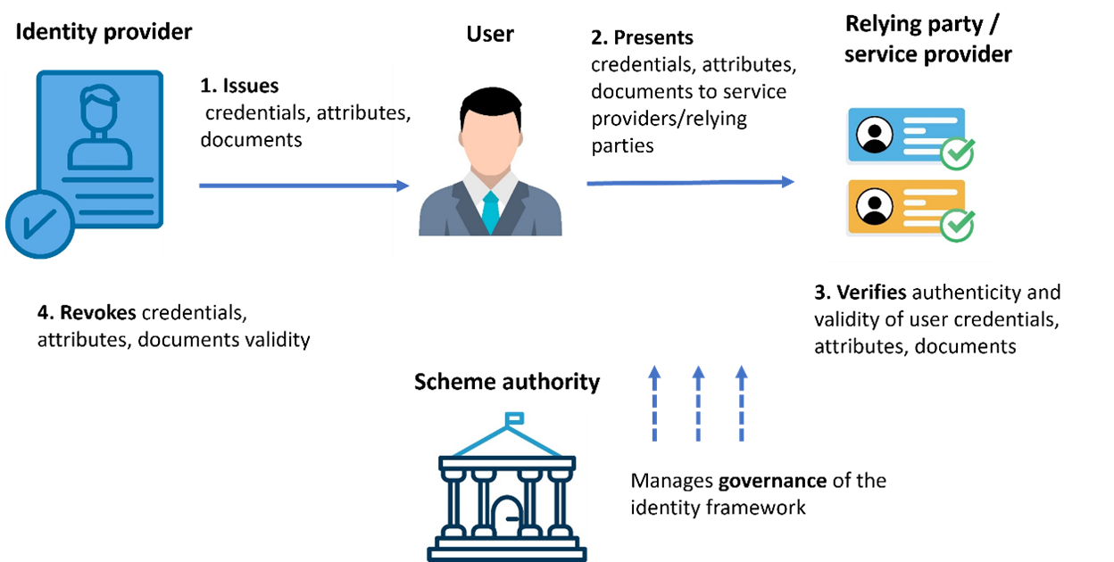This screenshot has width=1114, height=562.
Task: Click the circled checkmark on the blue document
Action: click(x=38, y=224)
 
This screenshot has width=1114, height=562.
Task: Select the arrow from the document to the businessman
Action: click(x=303, y=186)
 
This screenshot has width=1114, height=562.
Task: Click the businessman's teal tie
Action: click(x=490, y=212)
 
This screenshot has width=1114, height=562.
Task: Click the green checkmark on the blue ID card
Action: click(x=957, y=153)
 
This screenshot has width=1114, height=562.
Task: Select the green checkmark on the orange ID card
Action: click(x=957, y=226)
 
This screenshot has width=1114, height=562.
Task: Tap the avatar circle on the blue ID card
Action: click(x=874, y=135)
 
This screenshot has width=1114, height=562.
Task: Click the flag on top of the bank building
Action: click(x=515, y=417)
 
